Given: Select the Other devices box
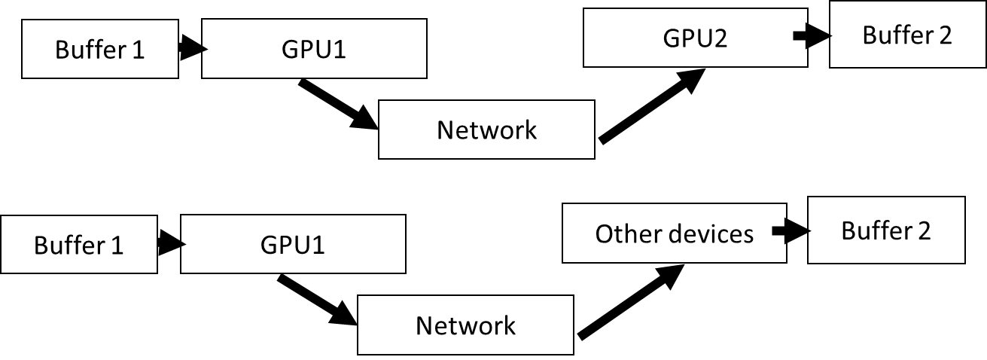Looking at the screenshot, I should (674, 234).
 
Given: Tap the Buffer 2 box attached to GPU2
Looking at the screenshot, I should (907, 35).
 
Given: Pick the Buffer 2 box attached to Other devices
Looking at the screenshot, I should (885, 230).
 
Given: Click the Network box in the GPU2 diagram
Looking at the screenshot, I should (486, 130).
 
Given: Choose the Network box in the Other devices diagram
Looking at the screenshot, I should (465, 326).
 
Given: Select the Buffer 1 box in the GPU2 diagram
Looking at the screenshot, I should (99, 50).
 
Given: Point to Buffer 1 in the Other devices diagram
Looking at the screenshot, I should (78, 246).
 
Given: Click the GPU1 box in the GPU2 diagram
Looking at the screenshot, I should (314, 50).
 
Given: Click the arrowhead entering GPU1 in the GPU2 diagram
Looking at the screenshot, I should (204, 50).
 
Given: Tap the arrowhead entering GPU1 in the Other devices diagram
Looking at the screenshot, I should (183, 245).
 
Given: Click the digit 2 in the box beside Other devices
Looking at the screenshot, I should (924, 230).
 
